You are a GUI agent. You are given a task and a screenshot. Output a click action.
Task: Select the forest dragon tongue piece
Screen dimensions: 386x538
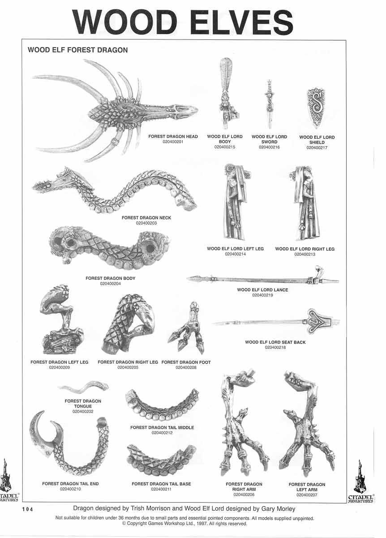(83, 386)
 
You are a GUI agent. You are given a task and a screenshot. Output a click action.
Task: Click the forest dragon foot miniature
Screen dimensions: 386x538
(186, 328)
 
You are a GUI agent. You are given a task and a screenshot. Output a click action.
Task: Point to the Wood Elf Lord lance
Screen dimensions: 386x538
(263, 279)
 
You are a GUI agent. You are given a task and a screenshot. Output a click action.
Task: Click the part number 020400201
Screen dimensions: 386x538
(173, 142)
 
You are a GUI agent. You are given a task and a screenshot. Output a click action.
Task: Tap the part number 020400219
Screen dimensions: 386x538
(262, 295)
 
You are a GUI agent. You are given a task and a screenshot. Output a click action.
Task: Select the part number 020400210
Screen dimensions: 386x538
(70, 489)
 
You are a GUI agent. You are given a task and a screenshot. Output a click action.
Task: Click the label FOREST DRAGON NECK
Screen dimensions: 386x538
(146, 217)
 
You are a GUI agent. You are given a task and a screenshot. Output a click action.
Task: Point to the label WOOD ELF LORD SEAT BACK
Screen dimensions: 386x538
(275, 342)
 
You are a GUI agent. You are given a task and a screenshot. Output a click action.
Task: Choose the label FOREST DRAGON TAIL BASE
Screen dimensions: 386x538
(161, 484)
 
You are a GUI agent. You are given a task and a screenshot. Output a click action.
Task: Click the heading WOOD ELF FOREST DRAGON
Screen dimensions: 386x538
(78, 50)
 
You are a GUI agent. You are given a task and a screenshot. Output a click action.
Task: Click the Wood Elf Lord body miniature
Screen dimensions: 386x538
(226, 94)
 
